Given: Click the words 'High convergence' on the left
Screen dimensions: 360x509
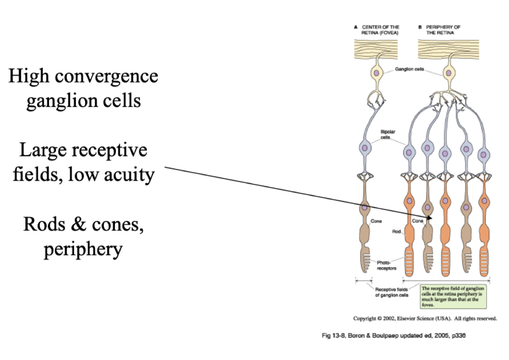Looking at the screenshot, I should (83, 76).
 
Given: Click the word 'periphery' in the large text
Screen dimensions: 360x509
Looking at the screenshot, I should (83, 249).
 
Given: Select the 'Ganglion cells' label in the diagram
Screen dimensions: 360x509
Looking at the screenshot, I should (409, 69).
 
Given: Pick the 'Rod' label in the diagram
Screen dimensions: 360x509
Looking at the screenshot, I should (397, 231).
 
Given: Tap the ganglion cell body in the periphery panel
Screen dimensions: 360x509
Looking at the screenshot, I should (449, 73).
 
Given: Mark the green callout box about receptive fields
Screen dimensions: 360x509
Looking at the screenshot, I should (453, 296).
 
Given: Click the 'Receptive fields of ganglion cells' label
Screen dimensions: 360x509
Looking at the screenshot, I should (392, 292).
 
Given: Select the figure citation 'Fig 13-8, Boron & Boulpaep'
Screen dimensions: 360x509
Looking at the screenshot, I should (393, 336).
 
